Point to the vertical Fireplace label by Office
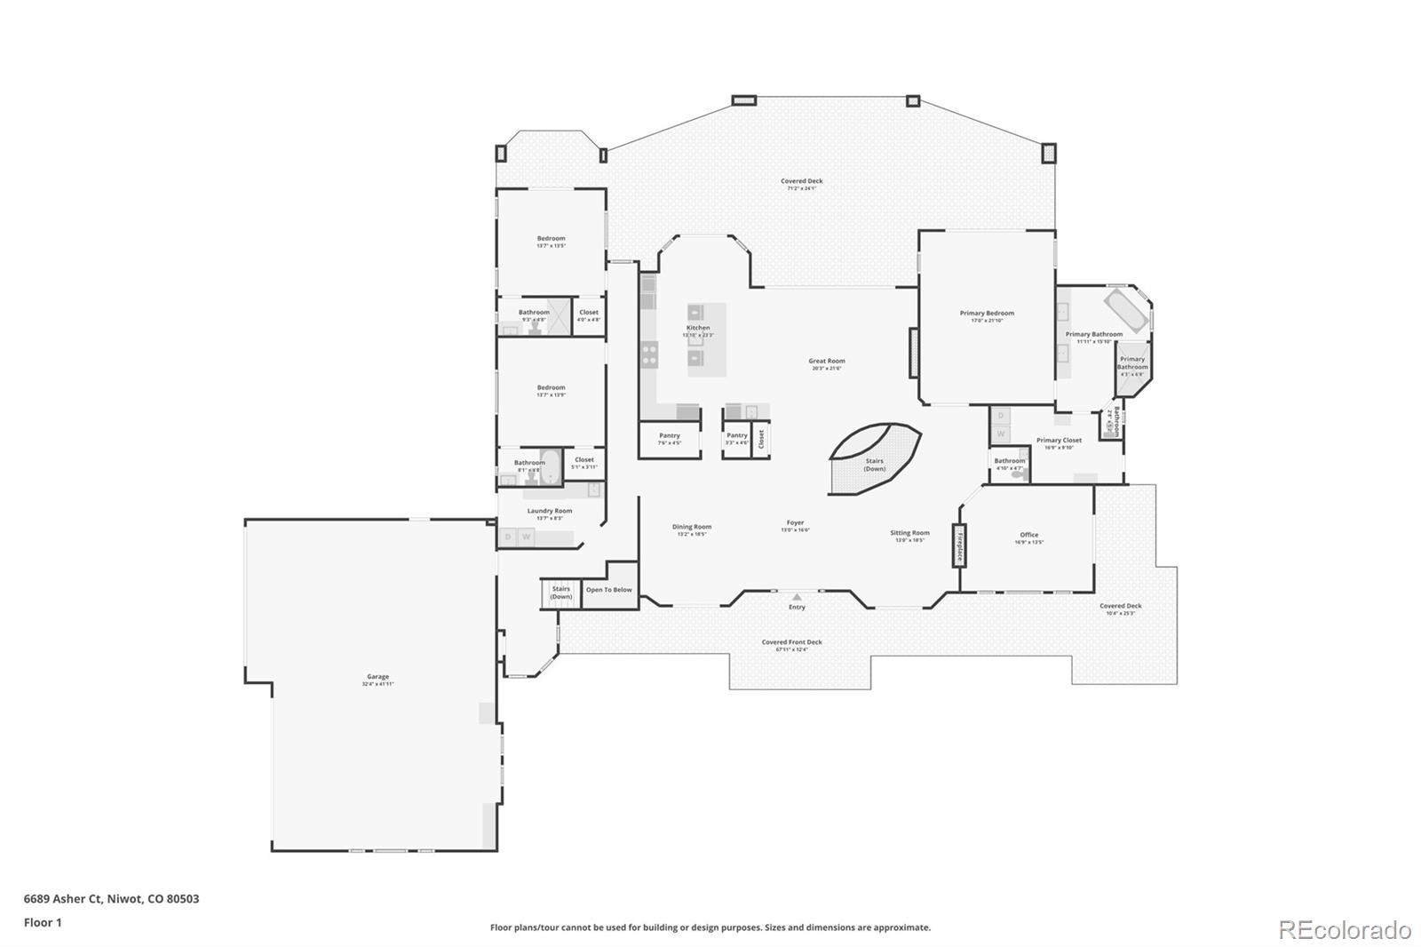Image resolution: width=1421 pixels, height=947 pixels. point(959,545)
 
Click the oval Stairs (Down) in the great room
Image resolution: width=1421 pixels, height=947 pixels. point(874,458)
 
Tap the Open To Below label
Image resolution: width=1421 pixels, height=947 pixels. point(609,590)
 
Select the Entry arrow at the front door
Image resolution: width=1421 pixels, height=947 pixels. point(797,598)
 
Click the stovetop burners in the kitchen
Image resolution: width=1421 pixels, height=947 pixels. point(649,354)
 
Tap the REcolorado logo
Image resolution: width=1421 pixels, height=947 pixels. point(1344,929)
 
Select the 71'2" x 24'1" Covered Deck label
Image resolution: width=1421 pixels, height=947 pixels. point(801,184)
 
